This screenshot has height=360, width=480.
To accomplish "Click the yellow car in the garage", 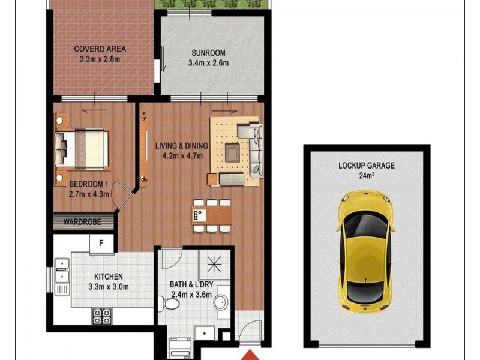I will pos(365,251).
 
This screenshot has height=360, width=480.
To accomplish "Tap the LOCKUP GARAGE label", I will pos(366,166).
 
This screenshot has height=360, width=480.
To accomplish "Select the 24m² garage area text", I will pos(366,176).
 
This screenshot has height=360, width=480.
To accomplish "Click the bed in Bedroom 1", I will pos(82,146).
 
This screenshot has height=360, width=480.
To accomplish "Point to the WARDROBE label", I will pos(85,223).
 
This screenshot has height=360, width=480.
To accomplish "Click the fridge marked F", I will pos(101,244).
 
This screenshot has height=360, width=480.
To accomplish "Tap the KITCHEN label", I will pos(109,277).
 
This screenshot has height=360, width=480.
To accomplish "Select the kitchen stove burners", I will pos(101,316).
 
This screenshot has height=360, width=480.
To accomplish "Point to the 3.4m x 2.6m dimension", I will pos(208,63).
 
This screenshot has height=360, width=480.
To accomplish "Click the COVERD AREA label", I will pos(100,49).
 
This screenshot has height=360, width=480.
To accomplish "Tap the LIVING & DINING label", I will pos(181,146).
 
